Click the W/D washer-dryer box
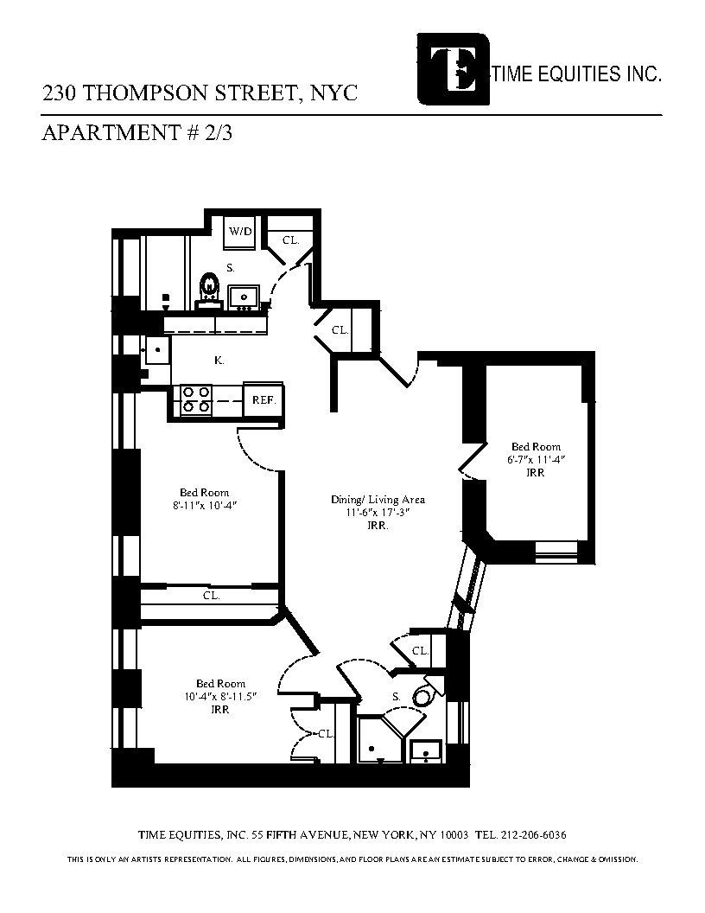[x=239, y=232]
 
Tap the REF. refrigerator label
[x=263, y=399]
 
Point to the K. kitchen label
[x=219, y=361]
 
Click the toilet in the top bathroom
[x=209, y=288]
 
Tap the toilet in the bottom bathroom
[x=423, y=696]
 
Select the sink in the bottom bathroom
[x=425, y=752]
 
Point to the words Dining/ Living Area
[x=378, y=500]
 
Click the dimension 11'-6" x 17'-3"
[x=378, y=512]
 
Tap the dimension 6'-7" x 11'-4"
[x=535, y=460]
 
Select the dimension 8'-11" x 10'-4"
[x=205, y=505]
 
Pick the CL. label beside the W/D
[x=290, y=239]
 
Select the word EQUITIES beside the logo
[x=572, y=75]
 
